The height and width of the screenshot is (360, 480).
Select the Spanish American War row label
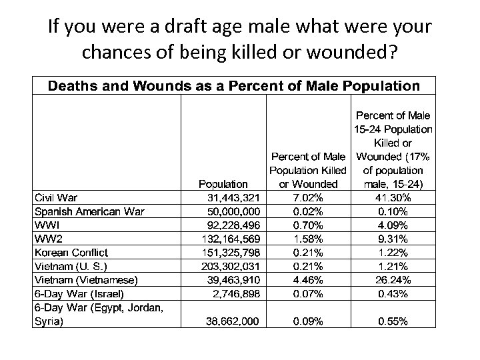coord(89,211)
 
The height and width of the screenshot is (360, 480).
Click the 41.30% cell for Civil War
coord(393,197)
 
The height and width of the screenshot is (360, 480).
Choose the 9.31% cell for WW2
coord(393,239)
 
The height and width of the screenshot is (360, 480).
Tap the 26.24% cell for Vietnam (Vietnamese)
coord(393,280)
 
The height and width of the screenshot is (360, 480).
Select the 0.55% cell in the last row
coord(393,321)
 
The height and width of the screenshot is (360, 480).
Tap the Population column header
coord(223,183)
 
